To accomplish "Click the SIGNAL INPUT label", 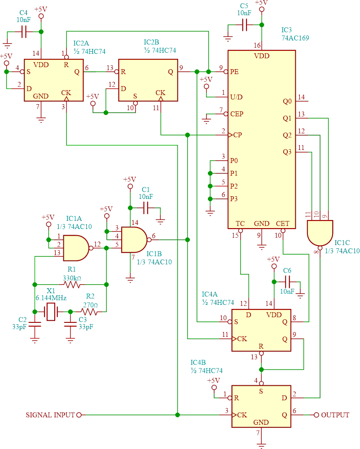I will click(50, 415).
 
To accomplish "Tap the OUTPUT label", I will click(335, 415).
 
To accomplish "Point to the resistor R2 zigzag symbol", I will click(89, 312).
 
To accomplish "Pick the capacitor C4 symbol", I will click(24, 32).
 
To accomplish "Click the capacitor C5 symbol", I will click(245, 26).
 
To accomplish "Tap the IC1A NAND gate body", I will click(75, 247).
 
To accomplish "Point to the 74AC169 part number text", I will click(295, 38).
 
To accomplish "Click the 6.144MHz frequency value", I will click(51, 298).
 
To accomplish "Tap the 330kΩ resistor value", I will click(72, 278).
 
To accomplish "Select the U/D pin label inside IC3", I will click(237, 97).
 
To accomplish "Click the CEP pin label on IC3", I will click(237, 114).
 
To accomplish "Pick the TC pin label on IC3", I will click(240, 223).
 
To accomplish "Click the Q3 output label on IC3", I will click(287, 152).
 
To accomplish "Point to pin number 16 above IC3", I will click(257, 45).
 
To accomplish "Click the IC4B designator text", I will click(198, 362).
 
